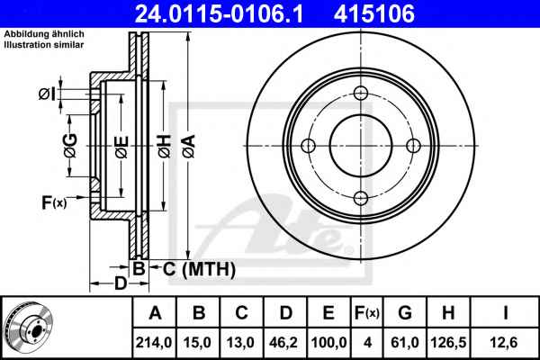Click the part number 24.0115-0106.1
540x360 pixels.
219,14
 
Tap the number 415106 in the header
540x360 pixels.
374,14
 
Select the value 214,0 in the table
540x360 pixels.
154,343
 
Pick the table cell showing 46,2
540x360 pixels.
284,343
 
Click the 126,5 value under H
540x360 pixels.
448,343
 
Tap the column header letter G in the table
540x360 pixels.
405,313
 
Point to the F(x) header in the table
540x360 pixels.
367,313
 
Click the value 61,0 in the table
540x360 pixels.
405,343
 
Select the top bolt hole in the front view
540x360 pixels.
361,93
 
